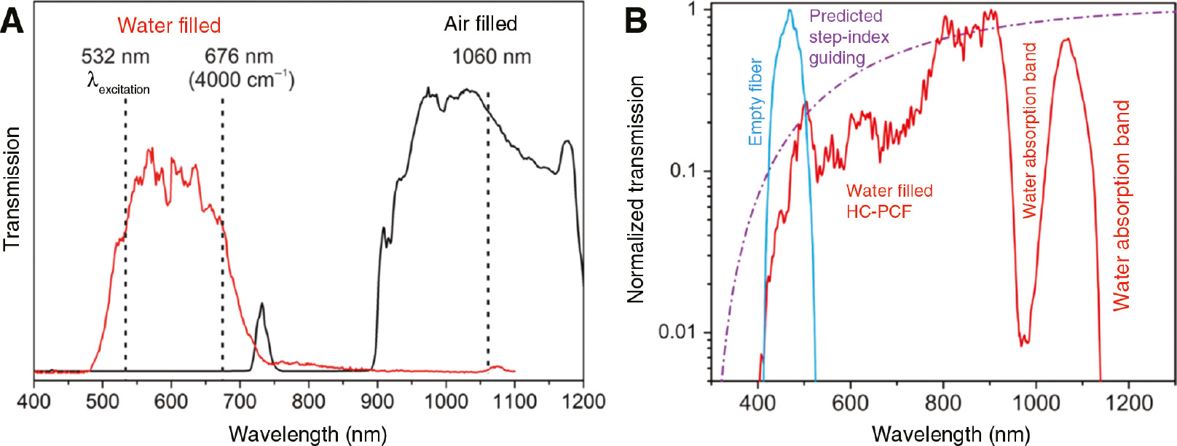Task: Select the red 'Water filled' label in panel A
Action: pos(169,26)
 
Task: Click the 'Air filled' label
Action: pos(481,24)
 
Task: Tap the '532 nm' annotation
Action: pos(115,56)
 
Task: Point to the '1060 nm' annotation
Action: pos(492,56)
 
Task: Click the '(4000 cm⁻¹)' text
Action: pos(241,79)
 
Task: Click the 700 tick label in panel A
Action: pos(239,402)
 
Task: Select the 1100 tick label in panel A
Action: pos(514,402)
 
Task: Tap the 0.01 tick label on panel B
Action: pos(677,332)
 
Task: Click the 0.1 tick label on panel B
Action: pos(682,171)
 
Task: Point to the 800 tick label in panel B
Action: pos(943,403)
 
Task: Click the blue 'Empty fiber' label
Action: pos(755,102)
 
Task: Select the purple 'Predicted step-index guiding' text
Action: pos(849,36)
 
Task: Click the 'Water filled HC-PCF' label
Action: pos(889,201)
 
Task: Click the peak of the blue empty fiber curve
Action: pos(790,11)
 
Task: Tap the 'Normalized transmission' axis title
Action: pos(636,189)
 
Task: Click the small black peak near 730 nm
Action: pos(261,305)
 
